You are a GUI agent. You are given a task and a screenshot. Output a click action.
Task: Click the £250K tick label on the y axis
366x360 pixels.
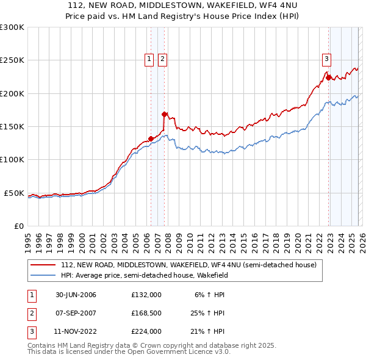12,60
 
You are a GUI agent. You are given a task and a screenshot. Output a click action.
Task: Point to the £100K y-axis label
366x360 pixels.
12,160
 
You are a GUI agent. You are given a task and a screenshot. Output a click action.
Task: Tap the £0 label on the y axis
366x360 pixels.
19,226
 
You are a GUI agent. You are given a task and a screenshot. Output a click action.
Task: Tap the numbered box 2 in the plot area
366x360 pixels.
163,59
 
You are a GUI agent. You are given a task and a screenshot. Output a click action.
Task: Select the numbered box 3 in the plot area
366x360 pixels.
327,59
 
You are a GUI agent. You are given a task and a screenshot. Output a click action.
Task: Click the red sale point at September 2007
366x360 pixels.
164,114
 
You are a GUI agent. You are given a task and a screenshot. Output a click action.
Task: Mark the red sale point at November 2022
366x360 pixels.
328,77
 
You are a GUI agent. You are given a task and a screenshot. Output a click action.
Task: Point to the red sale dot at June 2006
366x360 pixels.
151,139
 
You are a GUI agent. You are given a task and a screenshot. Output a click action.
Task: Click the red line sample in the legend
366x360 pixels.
43,265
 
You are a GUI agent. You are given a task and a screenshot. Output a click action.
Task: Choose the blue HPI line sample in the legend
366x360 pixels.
43,275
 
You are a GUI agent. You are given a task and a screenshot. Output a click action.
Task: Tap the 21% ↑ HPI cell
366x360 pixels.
207,331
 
